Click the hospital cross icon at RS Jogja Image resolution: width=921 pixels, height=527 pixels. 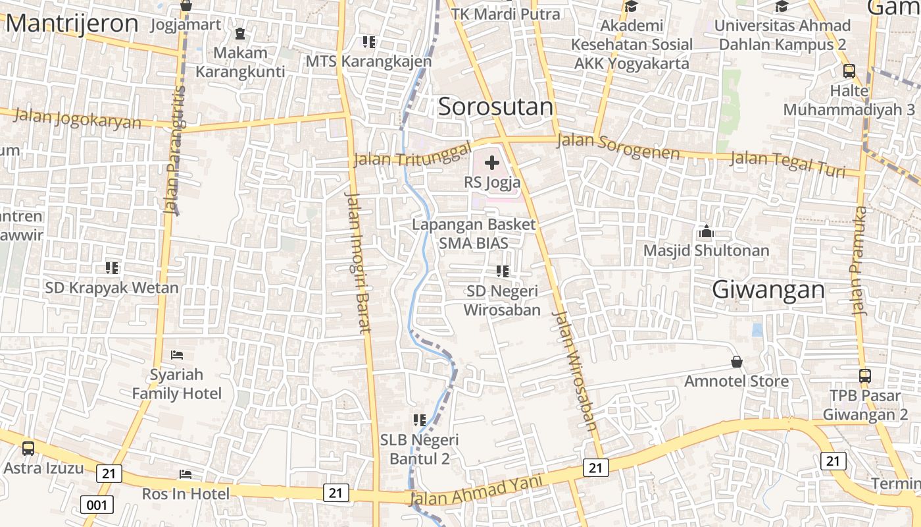click(x=491, y=163)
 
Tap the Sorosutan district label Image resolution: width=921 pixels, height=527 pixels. click(x=495, y=107)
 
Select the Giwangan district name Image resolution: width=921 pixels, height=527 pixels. click(x=768, y=290)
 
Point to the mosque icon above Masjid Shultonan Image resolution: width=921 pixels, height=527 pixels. click(x=707, y=232)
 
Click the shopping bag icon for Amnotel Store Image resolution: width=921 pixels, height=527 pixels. click(x=737, y=362)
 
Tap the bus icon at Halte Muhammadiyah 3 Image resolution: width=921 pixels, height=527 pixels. click(x=849, y=71)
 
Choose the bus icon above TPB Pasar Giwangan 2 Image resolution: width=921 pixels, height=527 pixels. click(x=864, y=376)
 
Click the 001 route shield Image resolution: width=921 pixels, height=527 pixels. click(x=97, y=505)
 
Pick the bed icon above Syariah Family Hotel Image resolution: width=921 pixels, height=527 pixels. click(x=177, y=355)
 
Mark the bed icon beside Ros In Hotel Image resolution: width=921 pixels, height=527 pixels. click(x=186, y=474)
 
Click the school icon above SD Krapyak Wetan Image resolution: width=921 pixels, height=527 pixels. click(x=112, y=268)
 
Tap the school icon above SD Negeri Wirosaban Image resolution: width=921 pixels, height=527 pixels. click(x=503, y=271)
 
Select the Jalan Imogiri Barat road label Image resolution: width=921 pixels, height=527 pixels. click(x=359, y=263)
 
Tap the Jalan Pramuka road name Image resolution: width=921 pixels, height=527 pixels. click(x=860, y=261)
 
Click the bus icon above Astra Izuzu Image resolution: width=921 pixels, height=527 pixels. click(x=28, y=449)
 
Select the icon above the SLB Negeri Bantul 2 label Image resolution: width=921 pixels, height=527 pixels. click(x=420, y=420)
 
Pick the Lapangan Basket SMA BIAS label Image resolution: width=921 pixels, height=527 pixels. click(x=474, y=233)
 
